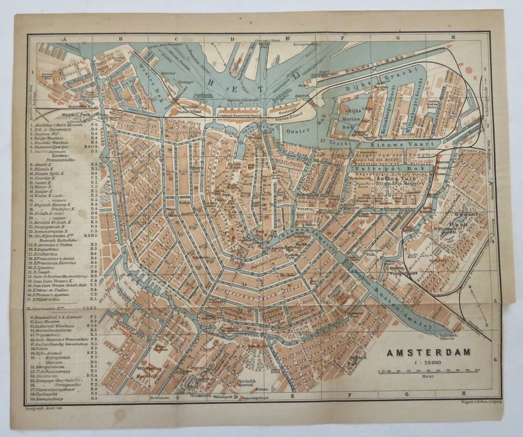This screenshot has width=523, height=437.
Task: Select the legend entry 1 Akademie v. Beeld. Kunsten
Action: point(63,125)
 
